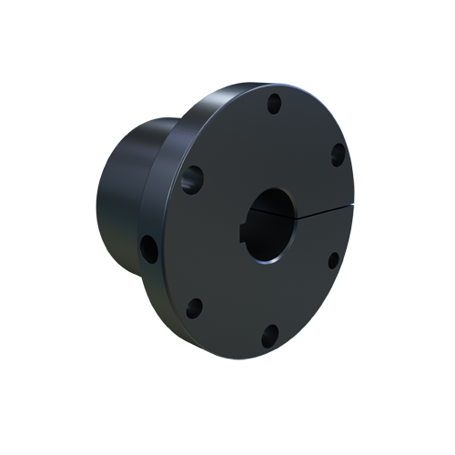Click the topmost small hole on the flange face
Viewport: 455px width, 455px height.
point(273,103)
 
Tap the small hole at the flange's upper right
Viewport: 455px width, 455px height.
point(337,154)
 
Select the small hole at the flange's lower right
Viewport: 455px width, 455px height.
point(333,260)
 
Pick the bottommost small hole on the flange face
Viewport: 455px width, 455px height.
point(268,338)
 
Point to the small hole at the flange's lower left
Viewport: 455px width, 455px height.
point(193,308)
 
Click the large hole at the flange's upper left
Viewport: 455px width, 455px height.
point(192,178)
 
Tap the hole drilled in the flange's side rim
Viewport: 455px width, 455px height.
point(148,246)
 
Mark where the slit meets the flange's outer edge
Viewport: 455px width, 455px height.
point(352,205)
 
